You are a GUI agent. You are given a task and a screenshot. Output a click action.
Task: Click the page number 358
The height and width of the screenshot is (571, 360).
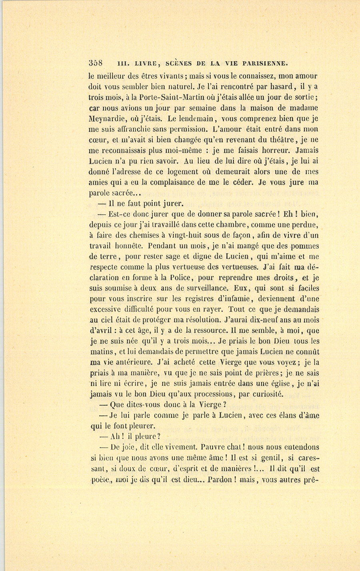coord(96,63)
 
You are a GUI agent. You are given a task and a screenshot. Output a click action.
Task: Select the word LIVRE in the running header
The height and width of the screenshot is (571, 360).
coord(147,63)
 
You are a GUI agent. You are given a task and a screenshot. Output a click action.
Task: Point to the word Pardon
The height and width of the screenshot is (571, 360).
coord(220,479)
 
